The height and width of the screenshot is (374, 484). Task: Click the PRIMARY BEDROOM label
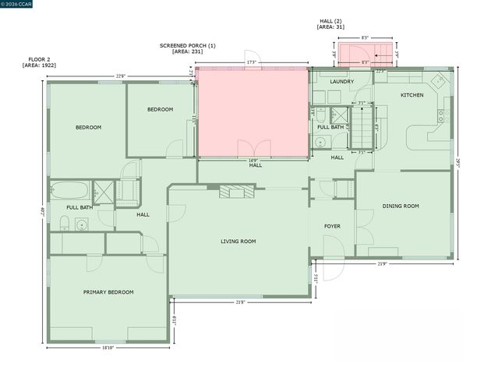point(108,292)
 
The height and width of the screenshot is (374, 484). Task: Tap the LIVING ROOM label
point(238,242)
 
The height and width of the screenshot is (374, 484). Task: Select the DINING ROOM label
point(401,206)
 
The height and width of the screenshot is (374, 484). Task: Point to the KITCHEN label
point(412,95)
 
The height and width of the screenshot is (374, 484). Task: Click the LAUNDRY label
point(341,81)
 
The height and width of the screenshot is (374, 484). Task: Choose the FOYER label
point(332,226)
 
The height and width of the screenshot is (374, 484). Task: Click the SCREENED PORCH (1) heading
point(187,46)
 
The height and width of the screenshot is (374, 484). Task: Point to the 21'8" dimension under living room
point(240,302)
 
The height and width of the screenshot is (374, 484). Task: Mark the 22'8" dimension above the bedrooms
point(121,76)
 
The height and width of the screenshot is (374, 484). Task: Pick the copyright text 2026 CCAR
point(21,5)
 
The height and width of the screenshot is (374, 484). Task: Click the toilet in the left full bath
point(66,224)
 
